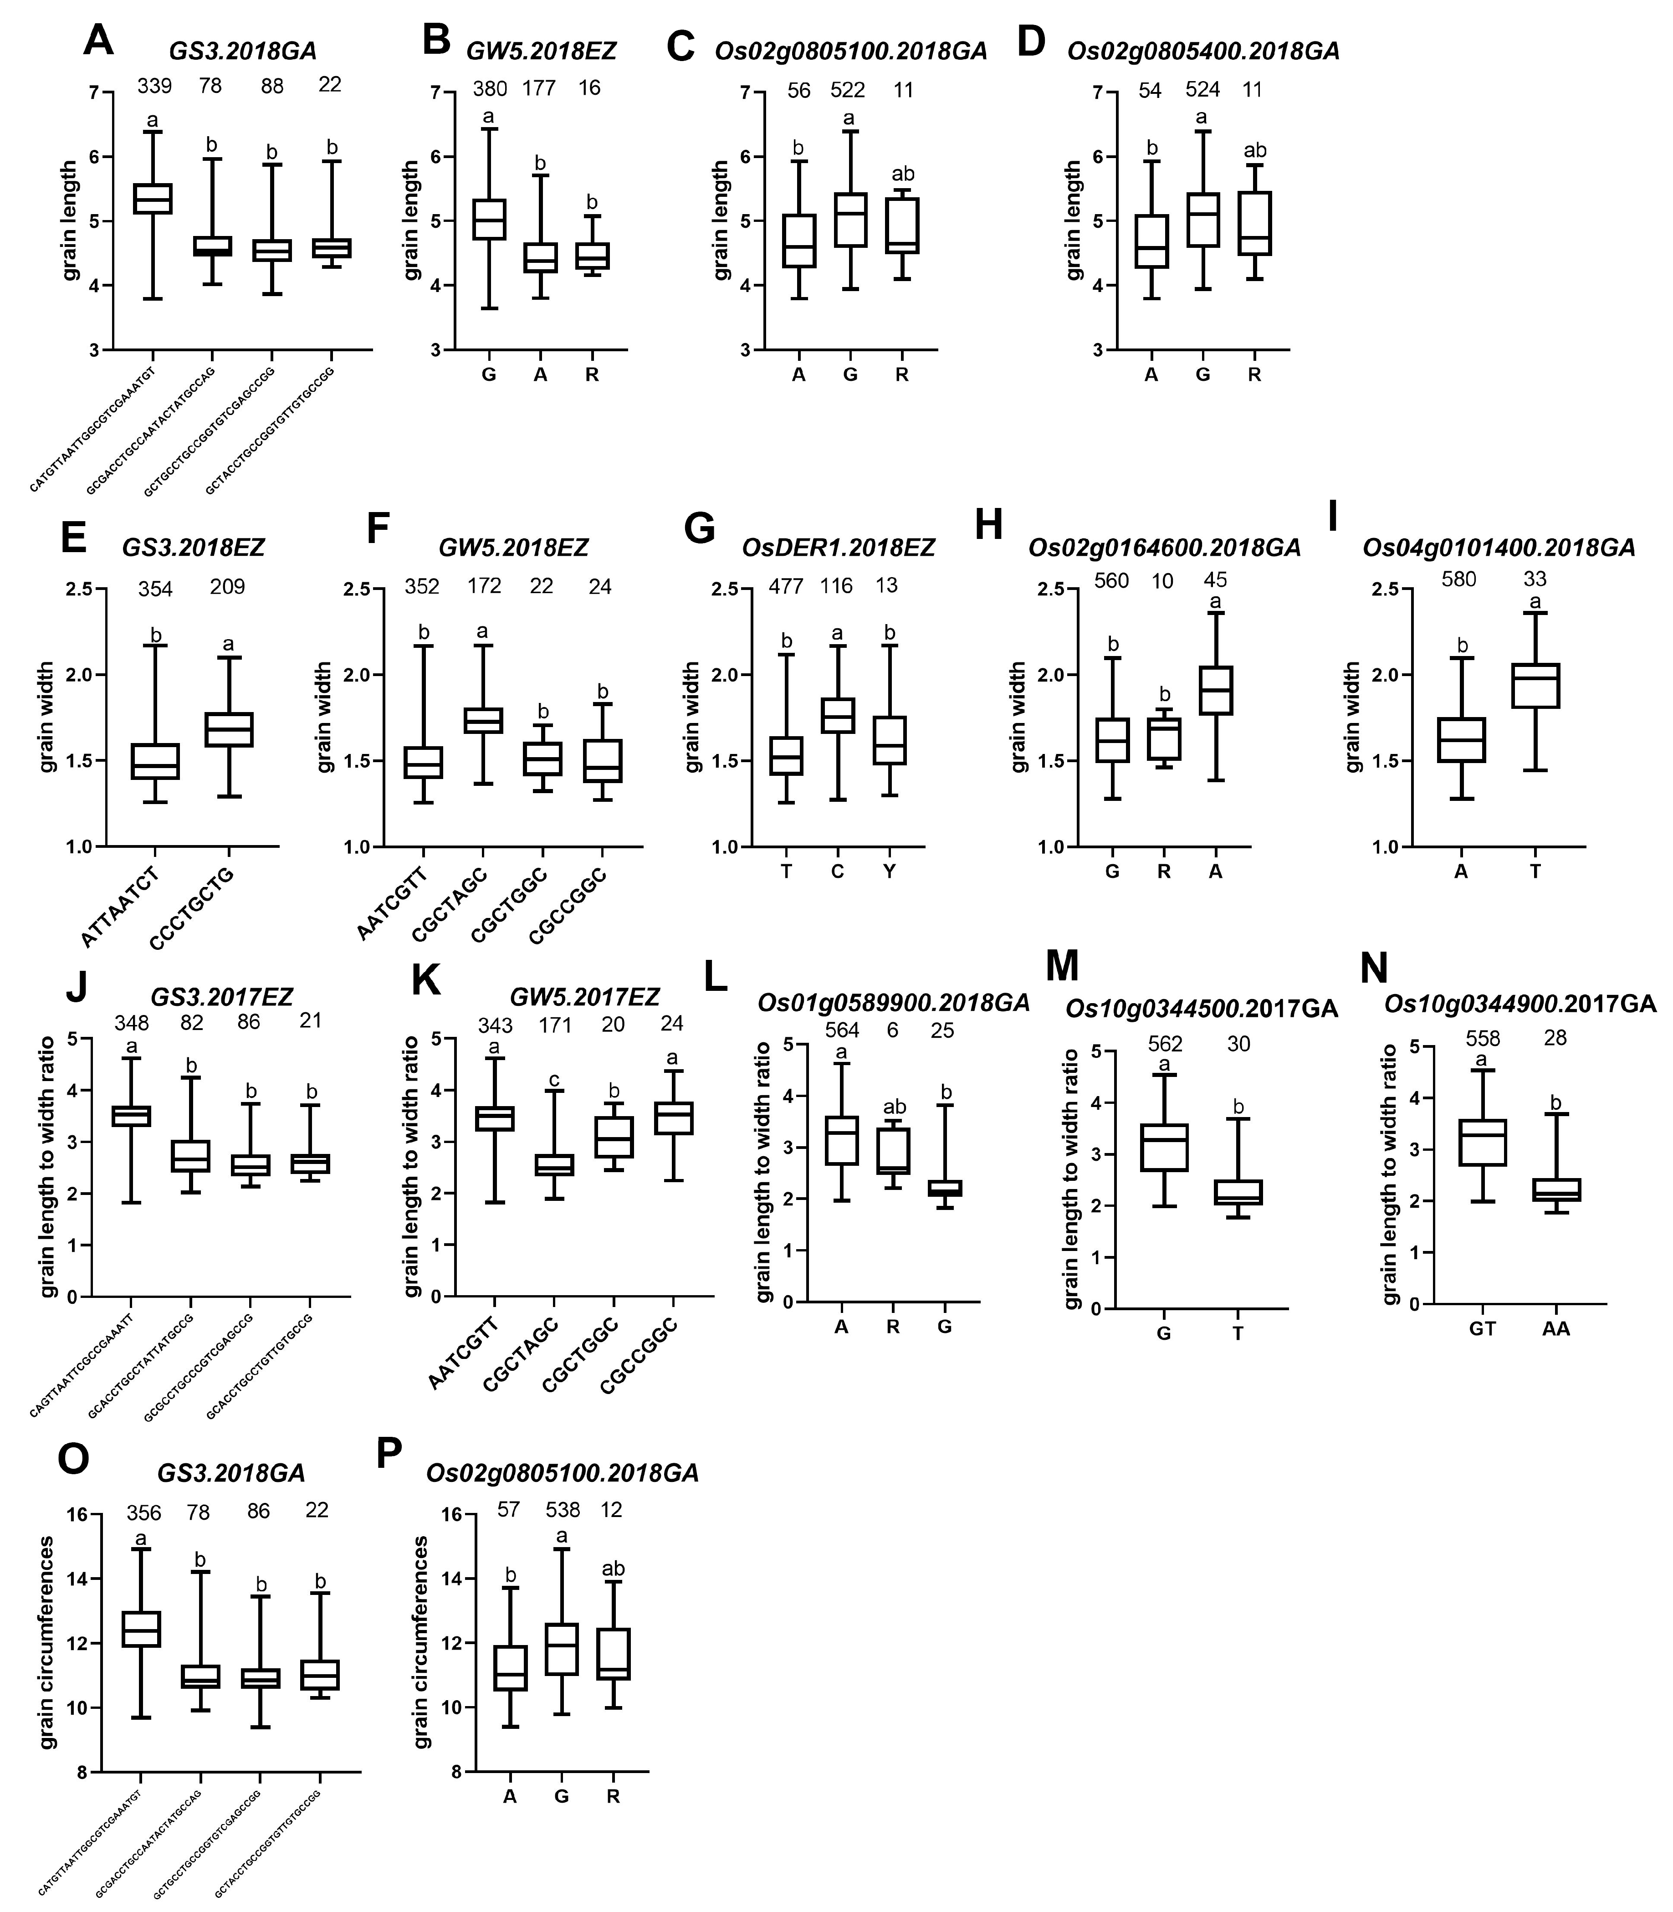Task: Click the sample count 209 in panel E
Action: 228,586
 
